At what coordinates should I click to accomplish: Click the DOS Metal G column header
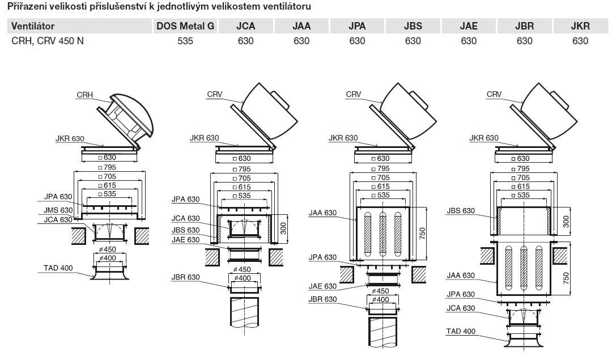pyautogui.click(x=185, y=26)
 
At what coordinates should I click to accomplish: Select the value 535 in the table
pyautogui.click(x=185, y=41)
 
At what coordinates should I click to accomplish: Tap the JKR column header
pyautogui.click(x=580, y=26)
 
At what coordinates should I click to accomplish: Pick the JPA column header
pyautogui.click(x=357, y=26)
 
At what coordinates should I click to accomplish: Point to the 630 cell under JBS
pyautogui.click(x=413, y=41)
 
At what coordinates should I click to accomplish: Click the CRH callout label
pyautogui.click(x=84, y=95)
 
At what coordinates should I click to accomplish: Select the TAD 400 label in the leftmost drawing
pyautogui.click(x=58, y=268)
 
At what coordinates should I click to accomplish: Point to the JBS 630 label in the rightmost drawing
pyautogui.click(x=461, y=211)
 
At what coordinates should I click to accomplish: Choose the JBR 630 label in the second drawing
pyautogui.click(x=185, y=277)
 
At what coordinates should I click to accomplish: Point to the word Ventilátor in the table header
pyautogui.click(x=33, y=26)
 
